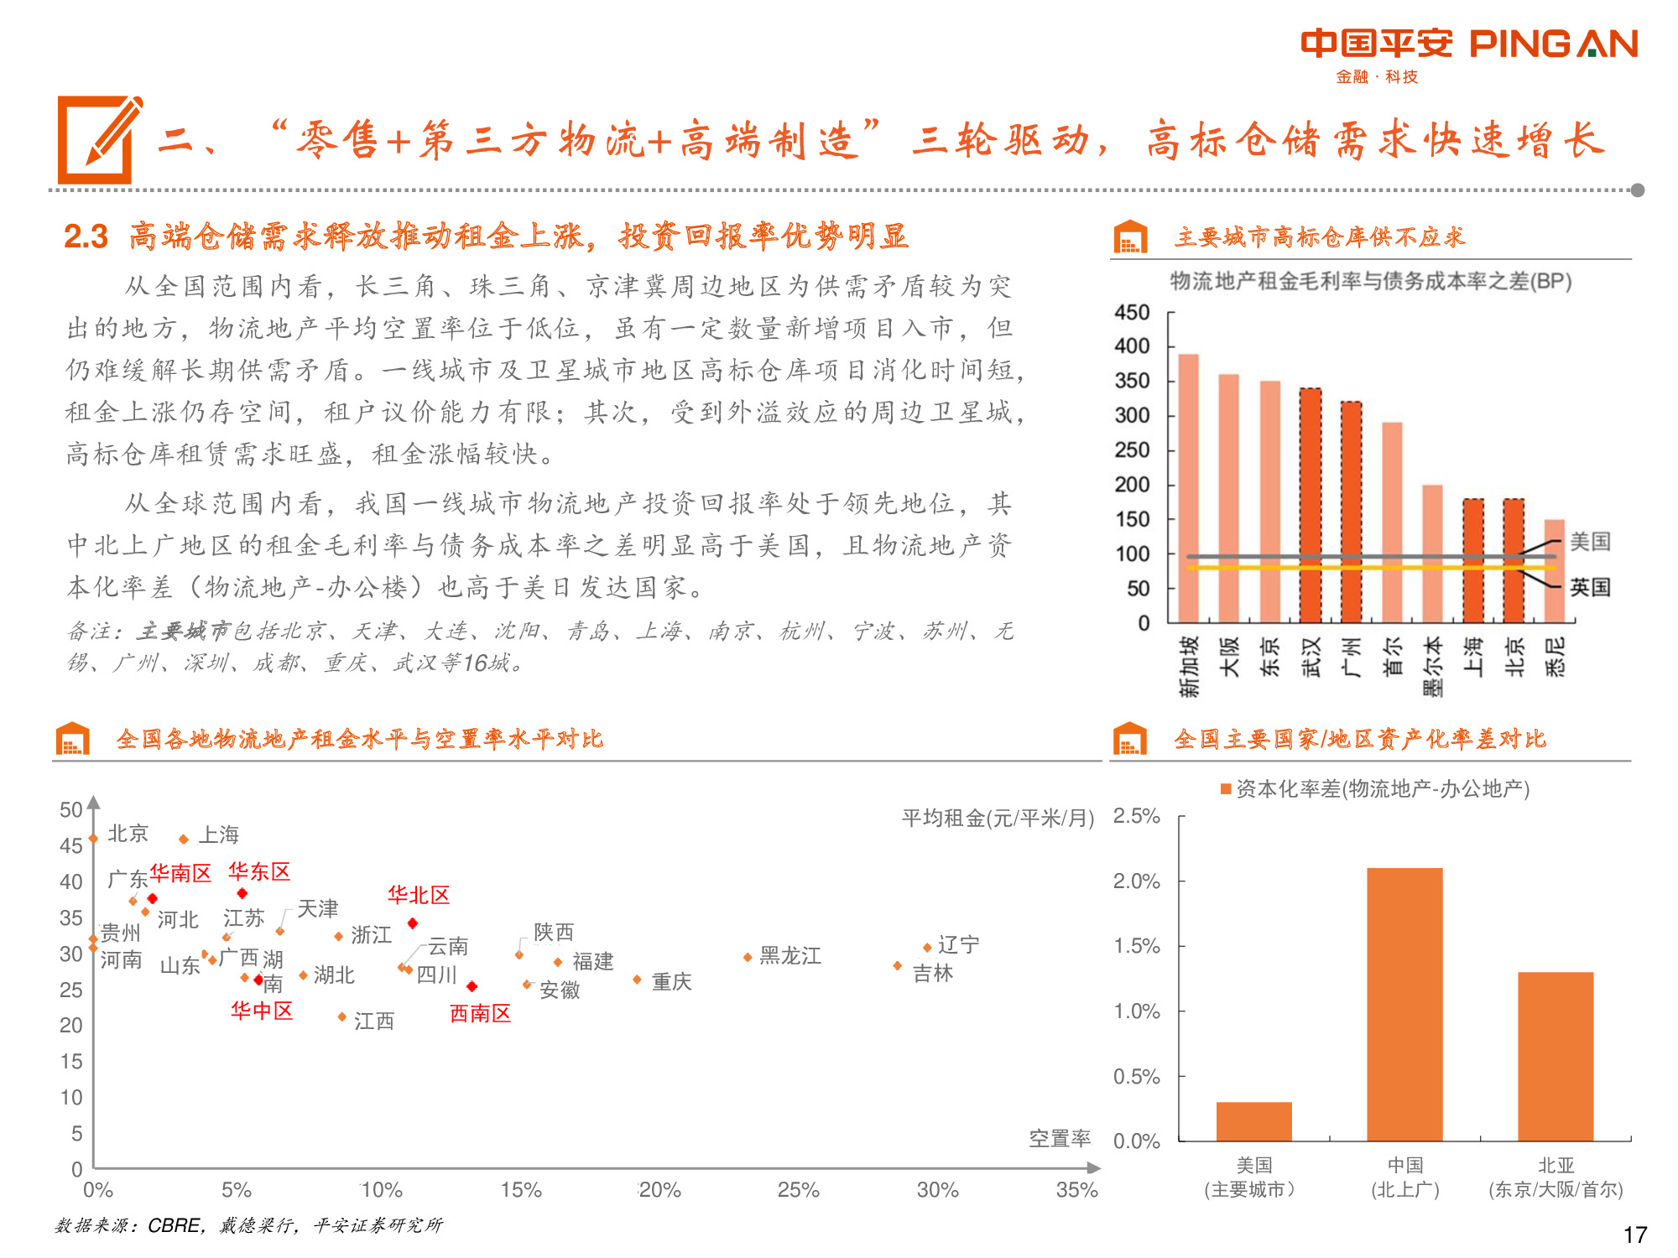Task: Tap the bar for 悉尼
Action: [1554, 571]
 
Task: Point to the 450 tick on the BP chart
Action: [1132, 313]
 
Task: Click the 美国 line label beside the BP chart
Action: [1590, 542]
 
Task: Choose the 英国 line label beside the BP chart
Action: [1590, 587]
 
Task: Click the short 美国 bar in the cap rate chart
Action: [1253, 1121]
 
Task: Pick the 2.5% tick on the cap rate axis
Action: [1136, 816]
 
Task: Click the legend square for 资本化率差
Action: [1226, 788]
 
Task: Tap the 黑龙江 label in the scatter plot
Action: [789, 956]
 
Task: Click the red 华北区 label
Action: [418, 895]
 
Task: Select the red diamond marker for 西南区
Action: [472, 987]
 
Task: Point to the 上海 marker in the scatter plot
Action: [184, 840]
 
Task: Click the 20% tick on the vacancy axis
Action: [659, 1190]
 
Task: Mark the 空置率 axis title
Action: [1060, 1138]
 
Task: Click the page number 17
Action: [1634, 1235]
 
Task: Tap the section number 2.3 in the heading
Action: [86, 237]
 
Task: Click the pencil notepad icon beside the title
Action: [99, 140]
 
